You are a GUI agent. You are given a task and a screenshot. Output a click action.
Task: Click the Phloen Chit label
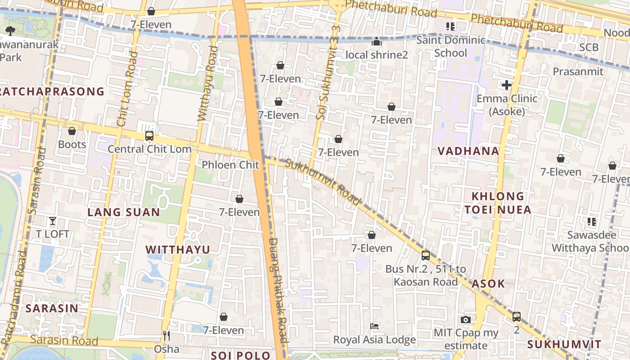tap(230, 165)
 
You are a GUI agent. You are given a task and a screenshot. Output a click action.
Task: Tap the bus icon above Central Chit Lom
tap(149, 135)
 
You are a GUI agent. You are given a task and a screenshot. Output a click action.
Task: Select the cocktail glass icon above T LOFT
tap(53, 220)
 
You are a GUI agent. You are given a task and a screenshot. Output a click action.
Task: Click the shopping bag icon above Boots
tap(72, 131)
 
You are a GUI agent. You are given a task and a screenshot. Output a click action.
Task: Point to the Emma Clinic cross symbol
tap(507, 85)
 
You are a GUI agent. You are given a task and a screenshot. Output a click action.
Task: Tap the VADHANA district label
tap(468, 151)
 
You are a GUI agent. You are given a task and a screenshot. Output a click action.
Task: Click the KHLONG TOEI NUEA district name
tap(498, 203)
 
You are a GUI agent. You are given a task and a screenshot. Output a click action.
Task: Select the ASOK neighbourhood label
tap(488, 284)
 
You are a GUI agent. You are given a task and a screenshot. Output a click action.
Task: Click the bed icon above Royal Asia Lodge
tap(374, 326)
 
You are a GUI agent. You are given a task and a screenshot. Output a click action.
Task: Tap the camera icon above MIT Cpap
tap(466, 319)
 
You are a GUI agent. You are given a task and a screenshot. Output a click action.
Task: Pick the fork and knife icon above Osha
tap(166, 335)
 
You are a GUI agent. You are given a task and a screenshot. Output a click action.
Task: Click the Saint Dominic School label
tap(450, 46)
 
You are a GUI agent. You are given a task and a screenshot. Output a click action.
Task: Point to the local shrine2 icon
tap(377, 42)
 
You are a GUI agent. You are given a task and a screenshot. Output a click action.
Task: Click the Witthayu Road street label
tap(207, 83)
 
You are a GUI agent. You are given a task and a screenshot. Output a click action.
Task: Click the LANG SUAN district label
tap(124, 212)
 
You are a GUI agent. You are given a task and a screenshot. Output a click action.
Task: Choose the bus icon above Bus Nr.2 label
tap(426, 256)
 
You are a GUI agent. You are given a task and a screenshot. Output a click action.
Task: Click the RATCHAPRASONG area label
tap(52, 92)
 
